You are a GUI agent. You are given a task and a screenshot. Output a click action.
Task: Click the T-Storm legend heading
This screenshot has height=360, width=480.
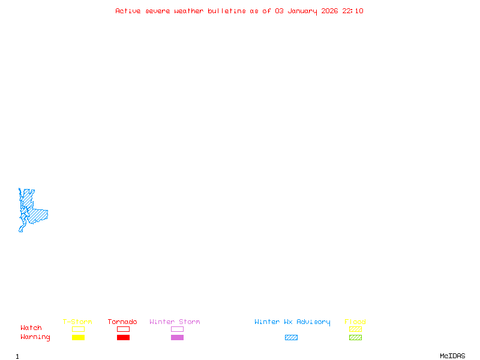77,322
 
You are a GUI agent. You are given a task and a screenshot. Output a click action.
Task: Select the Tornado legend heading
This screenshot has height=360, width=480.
122,322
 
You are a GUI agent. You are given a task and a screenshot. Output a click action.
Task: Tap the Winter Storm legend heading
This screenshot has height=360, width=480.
175,322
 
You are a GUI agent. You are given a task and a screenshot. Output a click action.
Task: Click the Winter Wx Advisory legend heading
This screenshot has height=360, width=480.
292,322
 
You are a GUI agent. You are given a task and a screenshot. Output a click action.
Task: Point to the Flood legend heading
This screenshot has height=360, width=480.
355,322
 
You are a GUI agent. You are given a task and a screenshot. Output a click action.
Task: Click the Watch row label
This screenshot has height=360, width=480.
31,328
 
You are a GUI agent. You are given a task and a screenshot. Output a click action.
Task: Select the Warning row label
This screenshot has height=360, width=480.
35,337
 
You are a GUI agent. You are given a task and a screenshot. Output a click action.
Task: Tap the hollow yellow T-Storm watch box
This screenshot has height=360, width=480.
78,329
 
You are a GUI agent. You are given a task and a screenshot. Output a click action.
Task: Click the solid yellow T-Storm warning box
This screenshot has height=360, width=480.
78,337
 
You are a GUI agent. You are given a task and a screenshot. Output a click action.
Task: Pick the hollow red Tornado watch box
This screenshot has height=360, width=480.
123,329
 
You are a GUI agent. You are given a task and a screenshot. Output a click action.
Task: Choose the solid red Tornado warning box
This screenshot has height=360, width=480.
123,337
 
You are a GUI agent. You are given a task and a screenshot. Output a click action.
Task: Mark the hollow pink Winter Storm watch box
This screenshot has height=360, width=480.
177,329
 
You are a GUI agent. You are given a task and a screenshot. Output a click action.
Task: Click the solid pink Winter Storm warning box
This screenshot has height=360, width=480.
177,337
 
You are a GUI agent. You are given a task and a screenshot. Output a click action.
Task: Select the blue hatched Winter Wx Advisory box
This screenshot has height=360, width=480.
291,337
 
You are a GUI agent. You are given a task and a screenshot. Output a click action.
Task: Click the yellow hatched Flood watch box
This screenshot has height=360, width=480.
355,329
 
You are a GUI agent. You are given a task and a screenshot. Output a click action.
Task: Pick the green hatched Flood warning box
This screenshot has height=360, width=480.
355,337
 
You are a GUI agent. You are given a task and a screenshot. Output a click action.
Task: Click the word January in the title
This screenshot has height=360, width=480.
302,11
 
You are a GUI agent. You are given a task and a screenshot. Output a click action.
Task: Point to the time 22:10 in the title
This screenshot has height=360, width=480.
353,11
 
